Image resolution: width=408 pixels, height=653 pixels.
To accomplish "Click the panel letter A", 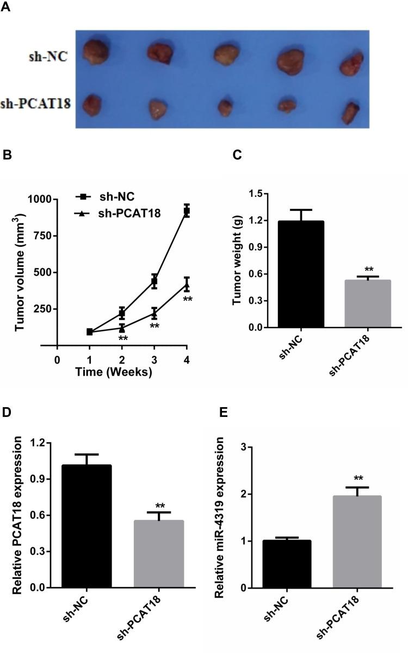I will coord(7,10).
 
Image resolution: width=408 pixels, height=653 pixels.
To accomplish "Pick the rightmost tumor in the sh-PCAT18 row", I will coord(349,111).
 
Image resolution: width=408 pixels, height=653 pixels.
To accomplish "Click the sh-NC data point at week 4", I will coord(187,211).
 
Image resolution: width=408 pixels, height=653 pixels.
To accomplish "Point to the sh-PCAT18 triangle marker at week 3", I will coord(154,313).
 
